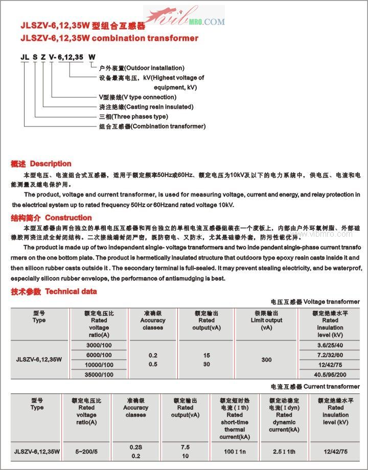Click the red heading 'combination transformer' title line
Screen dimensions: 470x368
109,38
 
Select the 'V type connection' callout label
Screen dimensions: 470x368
138,97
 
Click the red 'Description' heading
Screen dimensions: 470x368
51,164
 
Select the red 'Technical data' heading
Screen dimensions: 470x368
71,291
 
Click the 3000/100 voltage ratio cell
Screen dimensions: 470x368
99,345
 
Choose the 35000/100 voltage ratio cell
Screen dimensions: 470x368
99,375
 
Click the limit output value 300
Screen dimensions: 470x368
266,360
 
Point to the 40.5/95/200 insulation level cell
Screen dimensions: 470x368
330,375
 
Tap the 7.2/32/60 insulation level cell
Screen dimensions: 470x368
330,355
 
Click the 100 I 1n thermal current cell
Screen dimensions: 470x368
235,451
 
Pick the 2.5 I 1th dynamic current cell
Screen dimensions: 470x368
284,451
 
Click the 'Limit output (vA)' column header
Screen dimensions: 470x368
266,320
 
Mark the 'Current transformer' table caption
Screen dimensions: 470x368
332,387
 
